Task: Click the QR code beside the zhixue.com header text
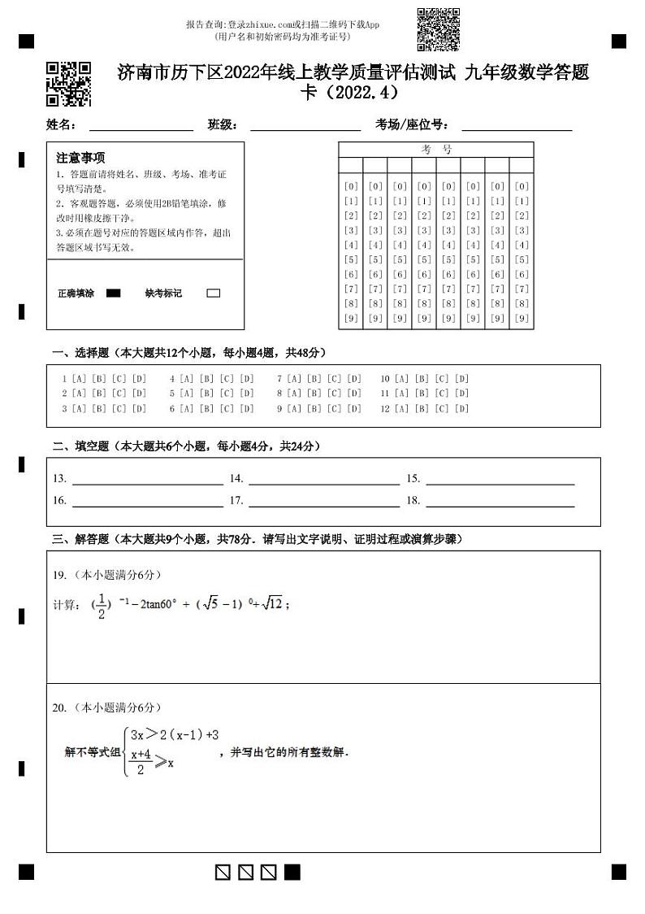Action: click(x=438, y=29)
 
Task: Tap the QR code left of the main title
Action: click(x=68, y=84)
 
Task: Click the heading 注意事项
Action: click(x=80, y=158)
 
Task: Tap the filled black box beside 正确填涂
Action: click(x=114, y=294)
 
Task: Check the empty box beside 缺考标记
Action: click(x=214, y=294)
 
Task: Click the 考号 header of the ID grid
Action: click(x=436, y=150)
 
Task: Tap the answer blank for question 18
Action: click(x=500, y=501)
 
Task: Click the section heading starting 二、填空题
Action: click(x=186, y=446)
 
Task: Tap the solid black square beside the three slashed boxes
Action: click(x=292, y=873)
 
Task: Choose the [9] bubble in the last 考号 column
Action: click(x=522, y=319)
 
